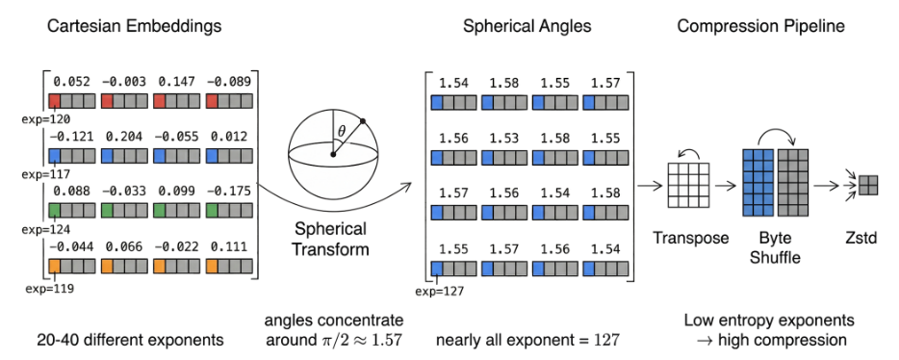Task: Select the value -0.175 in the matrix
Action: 229,193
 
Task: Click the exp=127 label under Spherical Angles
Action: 440,291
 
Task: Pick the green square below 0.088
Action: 55,211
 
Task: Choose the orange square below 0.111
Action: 212,266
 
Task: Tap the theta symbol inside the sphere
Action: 342,132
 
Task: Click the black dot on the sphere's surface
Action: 363,121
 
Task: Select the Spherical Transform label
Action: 331,240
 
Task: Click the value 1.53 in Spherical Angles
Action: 504,138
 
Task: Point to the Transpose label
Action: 690,238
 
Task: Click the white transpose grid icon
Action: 688,185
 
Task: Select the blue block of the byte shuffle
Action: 758,182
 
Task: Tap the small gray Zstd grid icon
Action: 867,186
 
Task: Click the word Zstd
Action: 861,238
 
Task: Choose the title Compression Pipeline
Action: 760,26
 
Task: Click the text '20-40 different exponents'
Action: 130,340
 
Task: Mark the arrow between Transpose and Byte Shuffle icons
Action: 726,185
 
